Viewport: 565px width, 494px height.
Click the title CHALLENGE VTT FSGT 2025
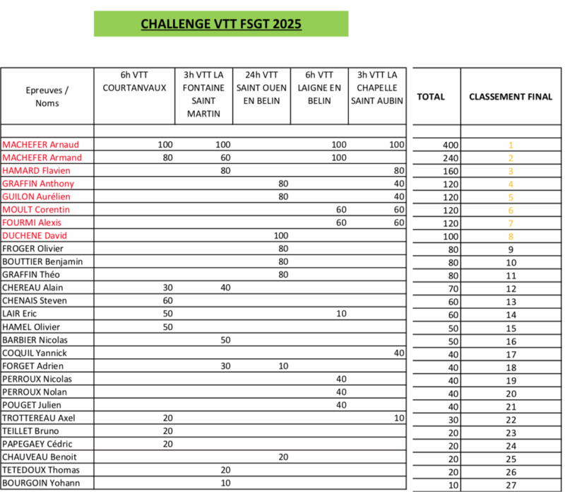tap(221, 24)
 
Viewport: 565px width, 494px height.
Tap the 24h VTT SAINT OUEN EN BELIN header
tap(262, 88)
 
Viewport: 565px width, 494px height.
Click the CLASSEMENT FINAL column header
tap(511, 97)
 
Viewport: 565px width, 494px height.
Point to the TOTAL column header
tap(431, 97)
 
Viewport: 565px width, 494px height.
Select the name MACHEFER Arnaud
tap(41, 144)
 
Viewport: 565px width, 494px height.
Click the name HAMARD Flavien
tap(37, 170)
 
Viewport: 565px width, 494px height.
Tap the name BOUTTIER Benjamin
tap(43, 261)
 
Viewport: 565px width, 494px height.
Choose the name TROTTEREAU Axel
tap(39, 418)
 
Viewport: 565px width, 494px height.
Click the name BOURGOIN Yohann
tap(41, 483)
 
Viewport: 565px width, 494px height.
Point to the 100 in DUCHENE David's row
tap(280, 235)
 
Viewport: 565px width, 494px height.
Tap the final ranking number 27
tap(510, 484)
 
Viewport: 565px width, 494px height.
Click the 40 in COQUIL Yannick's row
tap(398, 353)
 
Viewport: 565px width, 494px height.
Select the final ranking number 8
tap(510, 236)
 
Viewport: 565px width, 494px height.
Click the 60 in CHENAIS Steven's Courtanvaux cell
tap(167, 300)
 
